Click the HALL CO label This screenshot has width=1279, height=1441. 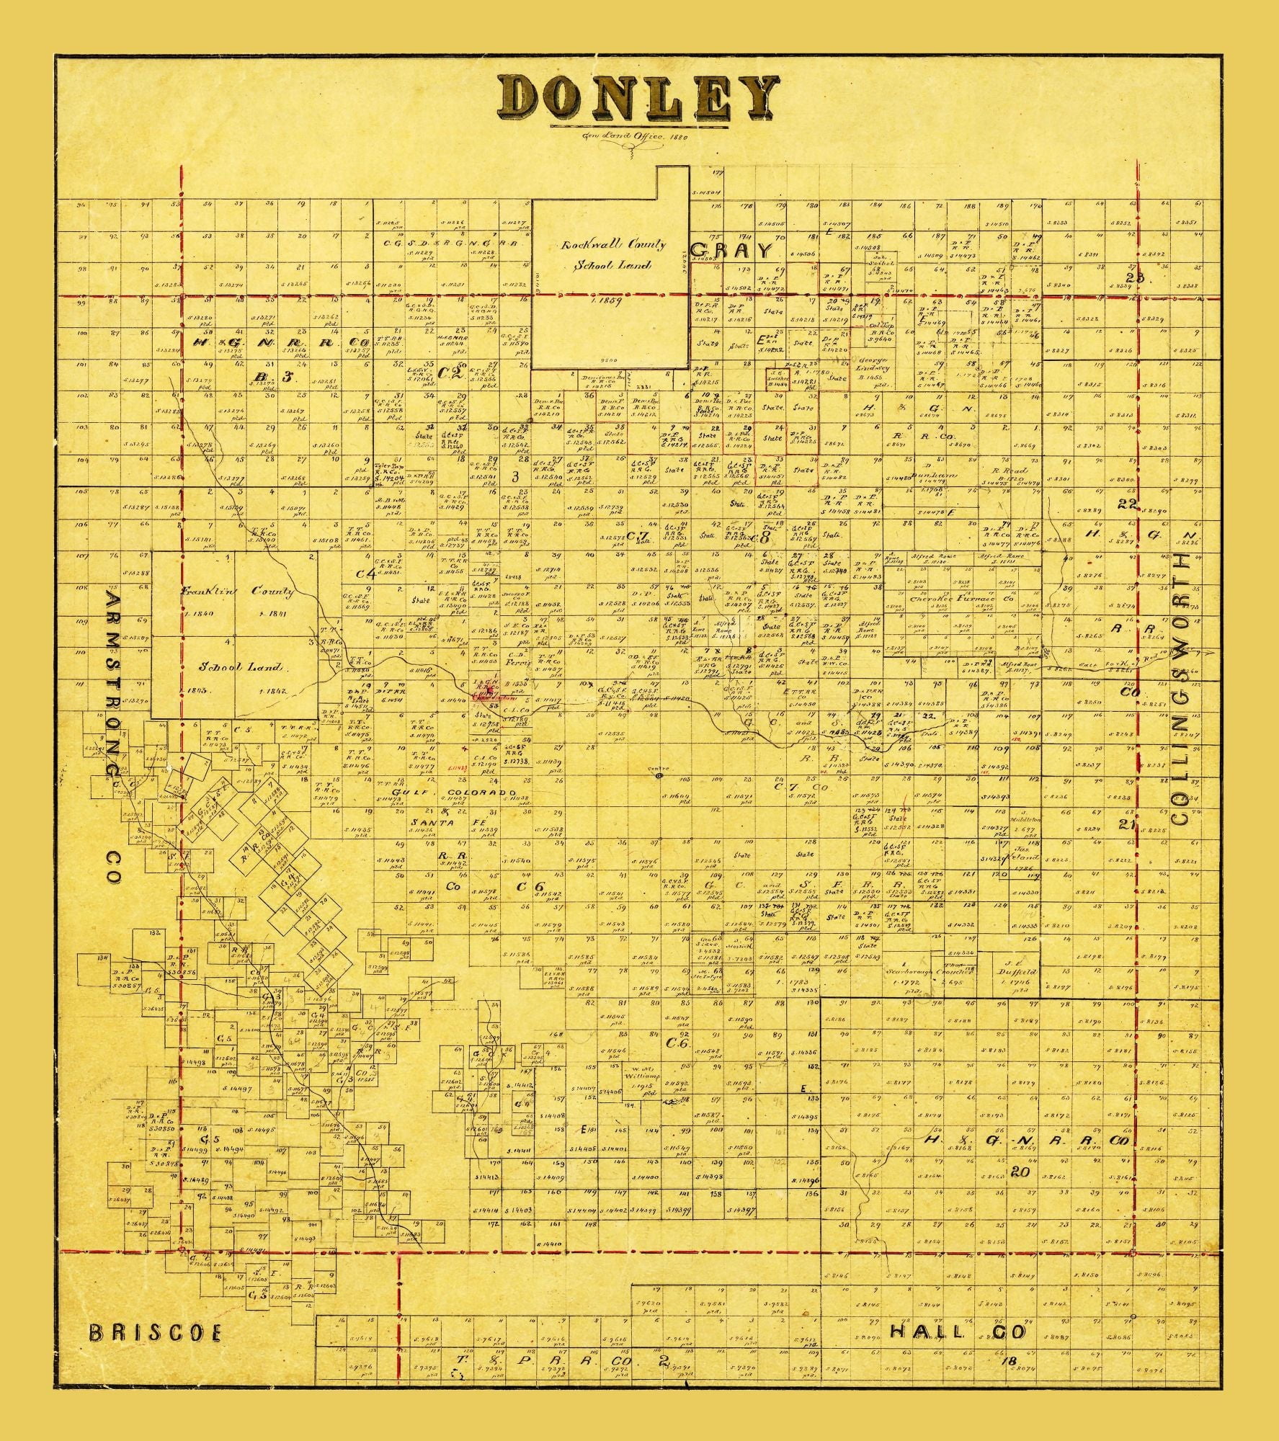click(958, 1331)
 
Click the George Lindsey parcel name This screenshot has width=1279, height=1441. click(876, 363)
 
